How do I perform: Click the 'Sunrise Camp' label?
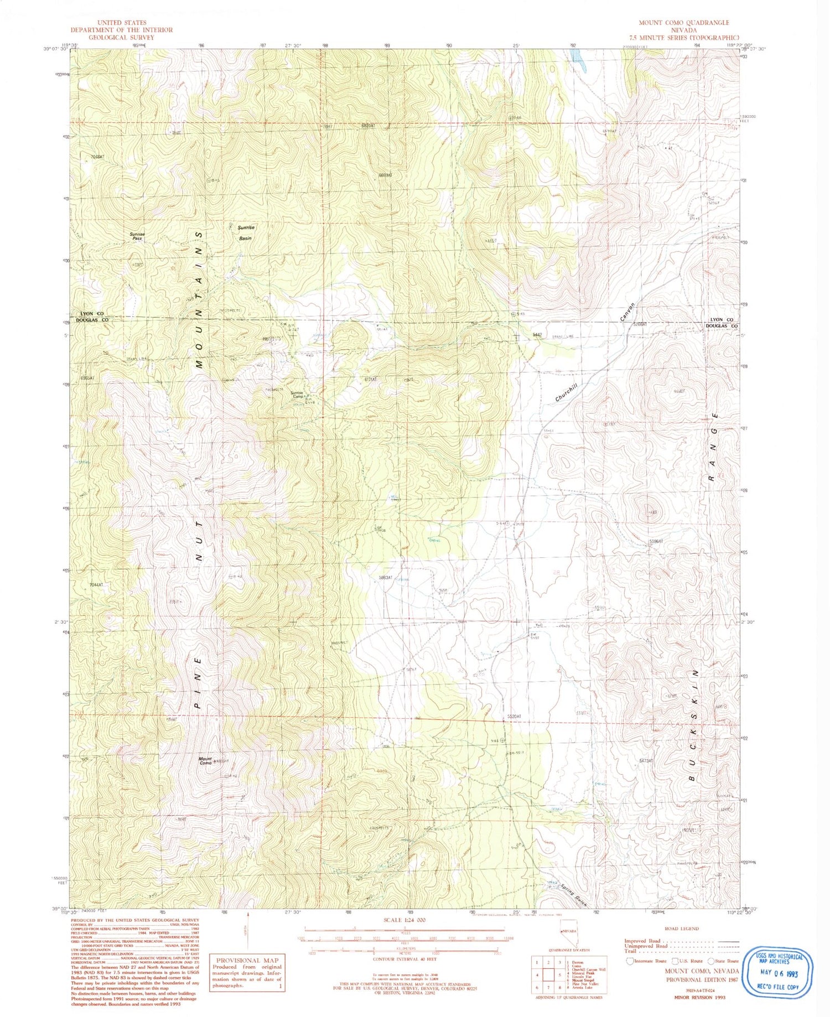tap(298, 395)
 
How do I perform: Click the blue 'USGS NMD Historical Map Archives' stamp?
tap(778, 971)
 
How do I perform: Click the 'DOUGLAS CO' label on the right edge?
tap(722, 326)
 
